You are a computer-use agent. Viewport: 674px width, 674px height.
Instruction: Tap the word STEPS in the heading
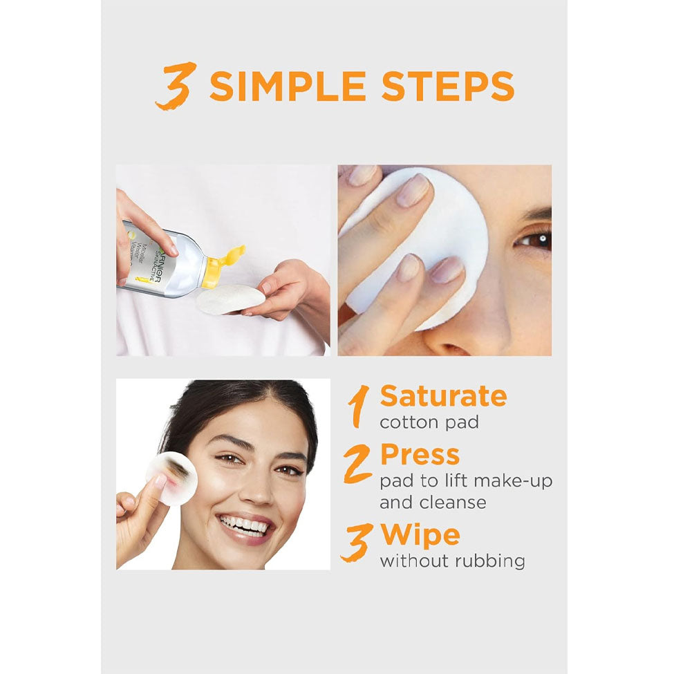[448, 86]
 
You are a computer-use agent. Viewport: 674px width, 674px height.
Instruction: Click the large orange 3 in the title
[176, 86]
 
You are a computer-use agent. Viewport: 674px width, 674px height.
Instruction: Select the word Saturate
[443, 396]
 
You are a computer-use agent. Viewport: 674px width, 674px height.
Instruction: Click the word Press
[420, 455]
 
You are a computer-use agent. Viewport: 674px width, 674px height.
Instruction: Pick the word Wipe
[420, 536]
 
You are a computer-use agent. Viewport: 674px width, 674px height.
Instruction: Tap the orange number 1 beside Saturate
[359, 406]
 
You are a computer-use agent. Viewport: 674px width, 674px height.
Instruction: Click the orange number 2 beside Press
[357, 464]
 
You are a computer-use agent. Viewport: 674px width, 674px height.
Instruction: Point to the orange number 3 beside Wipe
[356, 543]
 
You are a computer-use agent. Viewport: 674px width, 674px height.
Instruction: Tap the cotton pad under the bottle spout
[231, 299]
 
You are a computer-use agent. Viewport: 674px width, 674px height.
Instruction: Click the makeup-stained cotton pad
[172, 478]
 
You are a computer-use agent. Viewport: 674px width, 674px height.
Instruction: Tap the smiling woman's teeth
[243, 525]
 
